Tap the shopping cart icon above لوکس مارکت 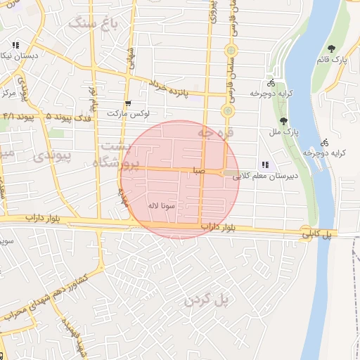pos(127,103)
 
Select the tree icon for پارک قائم pos(331,49)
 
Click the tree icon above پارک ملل pos(283,121)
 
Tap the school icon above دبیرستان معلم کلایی pos(264,165)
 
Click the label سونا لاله pos(161,206)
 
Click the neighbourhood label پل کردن pos(207,300)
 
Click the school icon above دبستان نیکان pos(15,45)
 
